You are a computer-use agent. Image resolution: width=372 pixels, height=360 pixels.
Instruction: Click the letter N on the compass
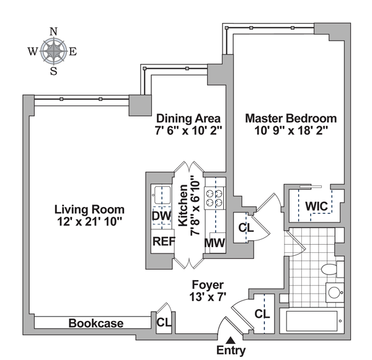[53, 31]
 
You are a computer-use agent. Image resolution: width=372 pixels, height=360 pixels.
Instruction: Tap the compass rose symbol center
[53, 51]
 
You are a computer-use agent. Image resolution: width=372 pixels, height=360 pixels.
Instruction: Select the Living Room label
[89, 209]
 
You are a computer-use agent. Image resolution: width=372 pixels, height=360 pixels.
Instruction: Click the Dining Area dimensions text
[188, 131]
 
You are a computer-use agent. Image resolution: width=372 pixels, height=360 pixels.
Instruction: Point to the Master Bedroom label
[290, 118]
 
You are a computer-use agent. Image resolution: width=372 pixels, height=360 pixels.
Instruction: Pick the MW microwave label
[215, 242]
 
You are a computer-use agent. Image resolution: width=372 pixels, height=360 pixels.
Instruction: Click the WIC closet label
[316, 206]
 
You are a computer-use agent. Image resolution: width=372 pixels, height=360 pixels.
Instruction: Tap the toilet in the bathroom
[329, 268]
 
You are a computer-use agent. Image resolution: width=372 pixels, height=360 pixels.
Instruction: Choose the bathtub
[312, 321]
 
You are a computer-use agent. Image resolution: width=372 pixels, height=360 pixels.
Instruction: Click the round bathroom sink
[335, 292]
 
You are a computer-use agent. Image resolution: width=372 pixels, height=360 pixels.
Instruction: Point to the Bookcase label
[95, 323]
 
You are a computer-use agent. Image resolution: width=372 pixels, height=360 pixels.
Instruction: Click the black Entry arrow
[231, 339]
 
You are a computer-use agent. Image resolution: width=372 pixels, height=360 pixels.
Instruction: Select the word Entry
[231, 351]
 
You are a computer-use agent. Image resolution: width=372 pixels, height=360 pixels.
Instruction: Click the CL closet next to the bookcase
[164, 322]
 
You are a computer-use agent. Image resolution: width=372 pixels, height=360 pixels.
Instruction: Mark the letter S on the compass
[53, 71]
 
